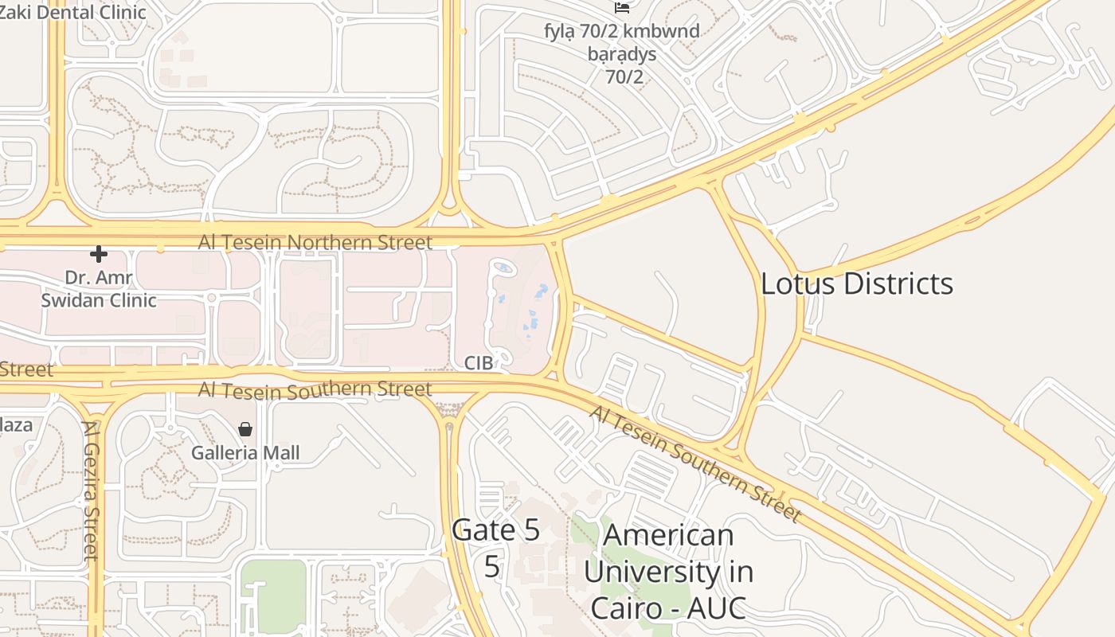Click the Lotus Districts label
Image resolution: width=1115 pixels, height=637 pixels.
click(856, 284)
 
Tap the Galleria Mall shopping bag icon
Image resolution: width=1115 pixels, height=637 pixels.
click(245, 429)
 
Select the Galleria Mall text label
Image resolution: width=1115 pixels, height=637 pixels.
click(245, 453)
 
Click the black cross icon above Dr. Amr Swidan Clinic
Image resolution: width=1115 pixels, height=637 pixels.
click(99, 254)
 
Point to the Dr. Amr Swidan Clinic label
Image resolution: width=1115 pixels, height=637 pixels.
click(99, 289)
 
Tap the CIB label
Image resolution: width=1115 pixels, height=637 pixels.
click(479, 363)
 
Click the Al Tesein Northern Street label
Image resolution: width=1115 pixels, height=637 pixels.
click(315, 242)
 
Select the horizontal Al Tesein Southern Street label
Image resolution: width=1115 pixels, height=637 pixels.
click(315, 390)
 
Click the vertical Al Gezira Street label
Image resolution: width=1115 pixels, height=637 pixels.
click(92, 489)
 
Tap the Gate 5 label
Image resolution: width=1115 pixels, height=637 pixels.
click(495, 530)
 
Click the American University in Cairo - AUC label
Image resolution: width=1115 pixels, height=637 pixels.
click(668, 571)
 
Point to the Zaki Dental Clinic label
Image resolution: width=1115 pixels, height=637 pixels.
click(73, 12)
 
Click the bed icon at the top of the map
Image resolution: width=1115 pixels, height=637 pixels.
click(622, 7)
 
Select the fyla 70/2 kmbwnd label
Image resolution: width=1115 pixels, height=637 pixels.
click(622, 32)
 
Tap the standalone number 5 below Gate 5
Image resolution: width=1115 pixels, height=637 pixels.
click(492, 566)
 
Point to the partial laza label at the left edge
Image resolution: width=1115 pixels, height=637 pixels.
click(16, 424)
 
